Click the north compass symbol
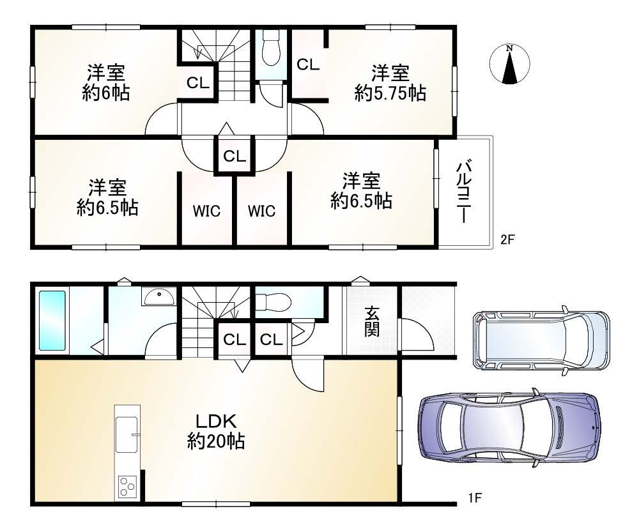[x=509, y=64]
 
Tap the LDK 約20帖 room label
[x=216, y=431]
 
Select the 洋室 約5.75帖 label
[x=390, y=83]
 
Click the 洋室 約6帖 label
[x=106, y=83]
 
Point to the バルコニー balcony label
[x=463, y=192]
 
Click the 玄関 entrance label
[x=371, y=322]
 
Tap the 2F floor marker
[x=507, y=239]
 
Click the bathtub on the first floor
[x=52, y=320]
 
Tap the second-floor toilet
[x=270, y=48]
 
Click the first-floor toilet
[x=273, y=302]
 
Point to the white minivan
[x=542, y=340]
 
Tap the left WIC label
[x=206, y=211]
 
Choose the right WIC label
[x=261, y=211]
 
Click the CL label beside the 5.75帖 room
[x=308, y=65]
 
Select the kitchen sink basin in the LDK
[x=127, y=434]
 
